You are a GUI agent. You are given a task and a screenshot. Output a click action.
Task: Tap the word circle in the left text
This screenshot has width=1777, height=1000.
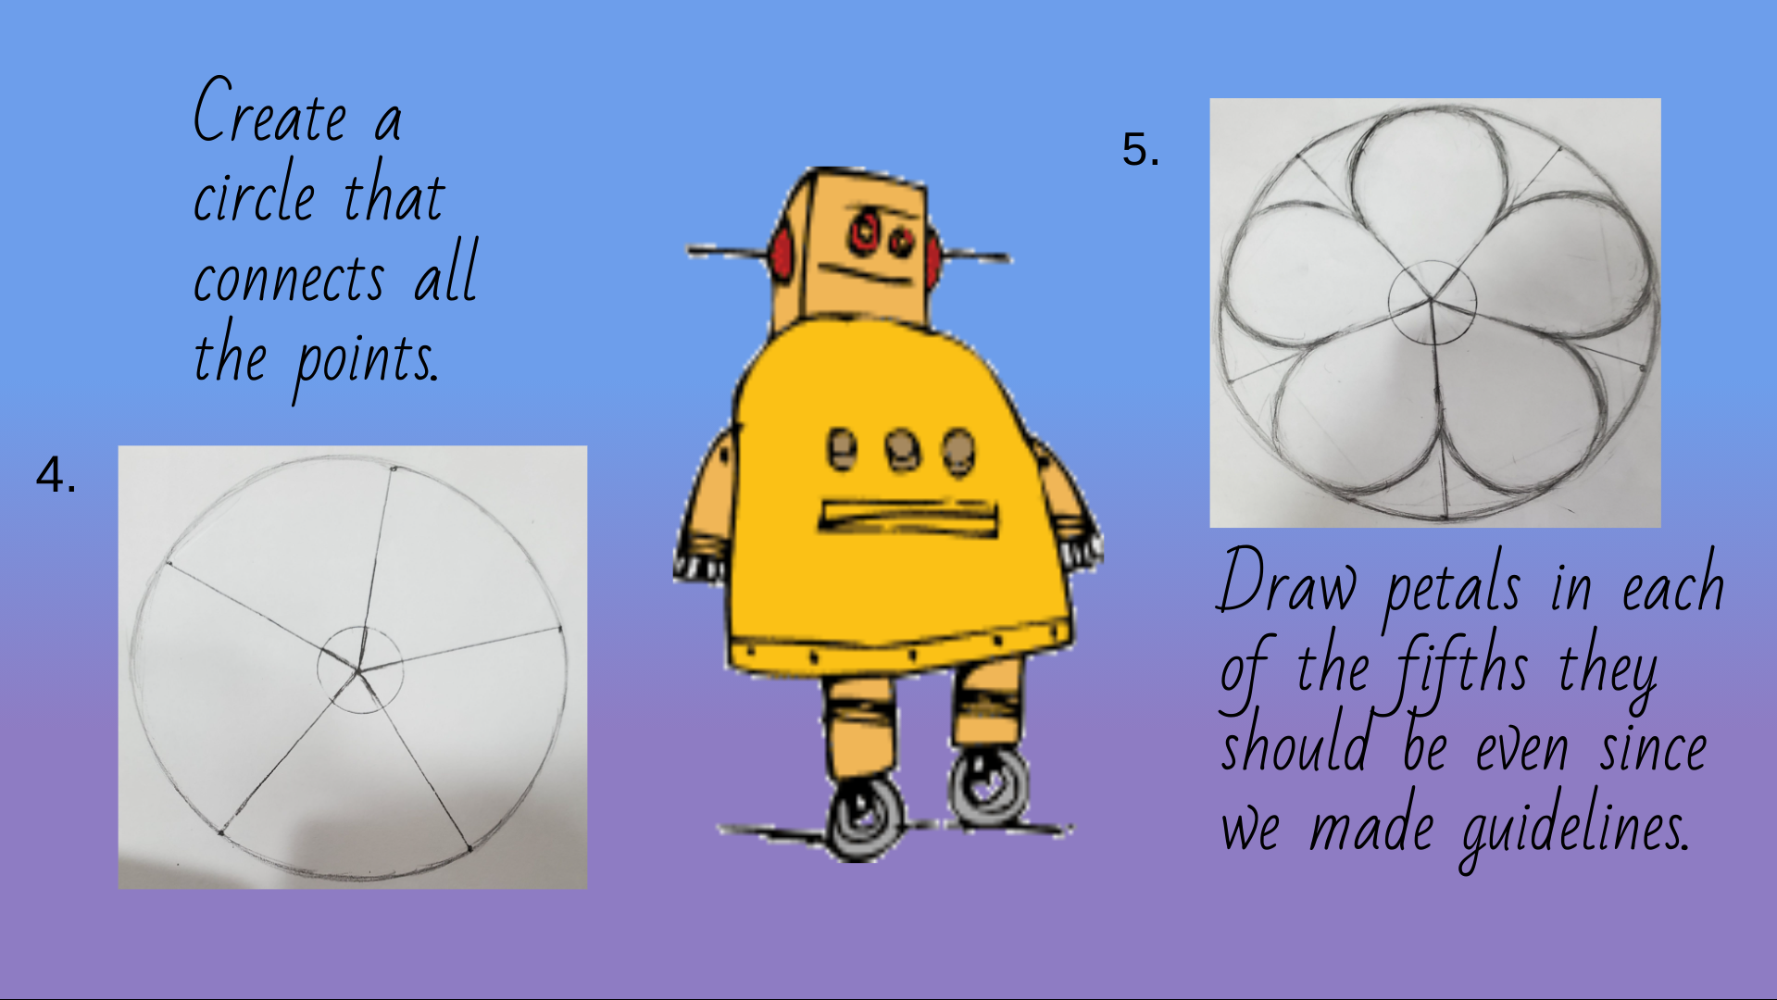pyautogui.click(x=255, y=193)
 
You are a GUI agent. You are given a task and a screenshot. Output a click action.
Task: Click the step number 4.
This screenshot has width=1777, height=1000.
pyautogui.click(x=56, y=475)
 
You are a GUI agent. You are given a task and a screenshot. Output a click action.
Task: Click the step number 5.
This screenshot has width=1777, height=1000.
pyautogui.click(x=1140, y=148)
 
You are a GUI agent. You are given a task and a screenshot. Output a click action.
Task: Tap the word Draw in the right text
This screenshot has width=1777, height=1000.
pyautogui.click(x=1286, y=581)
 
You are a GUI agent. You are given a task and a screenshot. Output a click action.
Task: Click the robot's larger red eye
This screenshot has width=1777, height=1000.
pyautogui.click(x=865, y=231)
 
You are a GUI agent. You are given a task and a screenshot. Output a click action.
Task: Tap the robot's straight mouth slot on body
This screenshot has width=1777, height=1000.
pyautogui.click(x=907, y=517)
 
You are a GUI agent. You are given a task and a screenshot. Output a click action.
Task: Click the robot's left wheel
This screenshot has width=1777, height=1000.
pyautogui.click(x=865, y=815)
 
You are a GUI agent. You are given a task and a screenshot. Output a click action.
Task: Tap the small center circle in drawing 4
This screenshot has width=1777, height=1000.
pyautogui.click(x=359, y=669)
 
